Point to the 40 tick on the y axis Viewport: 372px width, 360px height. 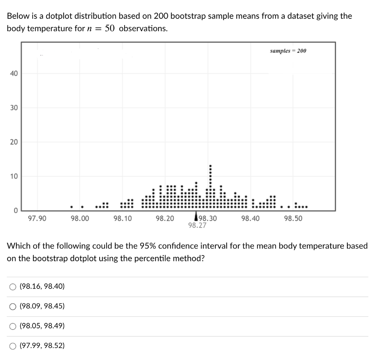pyautogui.click(x=13, y=74)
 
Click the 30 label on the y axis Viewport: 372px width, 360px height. pyautogui.click(x=13, y=108)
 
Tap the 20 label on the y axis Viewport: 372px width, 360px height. pyautogui.click(x=13, y=142)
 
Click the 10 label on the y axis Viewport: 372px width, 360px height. pyautogui.click(x=13, y=177)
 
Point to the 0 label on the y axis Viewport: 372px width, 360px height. pyautogui.click(x=15, y=210)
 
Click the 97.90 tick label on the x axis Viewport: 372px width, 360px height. pyautogui.click(x=37, y=218)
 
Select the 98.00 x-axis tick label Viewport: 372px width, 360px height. pyautogui.click(x=80, y=218)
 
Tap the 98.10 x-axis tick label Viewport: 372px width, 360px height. pyautogui.click(x=122, y=218)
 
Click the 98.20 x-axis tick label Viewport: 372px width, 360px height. pyautogui.click(x=165, y=218)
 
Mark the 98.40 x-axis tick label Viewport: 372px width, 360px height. pyautogui.click(x=251, y=218)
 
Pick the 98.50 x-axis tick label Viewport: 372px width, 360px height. pyautogui.click(x=293, y=218)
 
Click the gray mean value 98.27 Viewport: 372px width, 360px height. pyautogui.click(x=197, y=225)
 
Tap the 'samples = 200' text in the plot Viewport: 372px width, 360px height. pyautogui.click(x=288, y=51)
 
